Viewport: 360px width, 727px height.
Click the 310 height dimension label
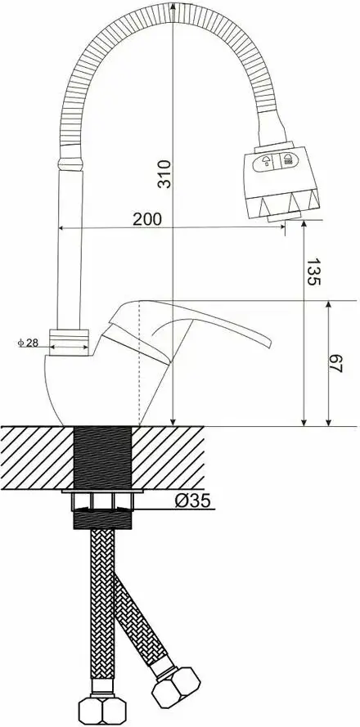click(164, 174)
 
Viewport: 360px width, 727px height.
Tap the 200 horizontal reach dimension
click(147, 219)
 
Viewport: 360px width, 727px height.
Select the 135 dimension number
click(313, 272)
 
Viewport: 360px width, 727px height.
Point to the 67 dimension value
click(335, 363)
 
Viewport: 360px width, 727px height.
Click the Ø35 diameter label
click(193, 500)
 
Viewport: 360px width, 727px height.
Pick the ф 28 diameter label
click(28, 343)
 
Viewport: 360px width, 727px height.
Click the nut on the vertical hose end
click(102, 709)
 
